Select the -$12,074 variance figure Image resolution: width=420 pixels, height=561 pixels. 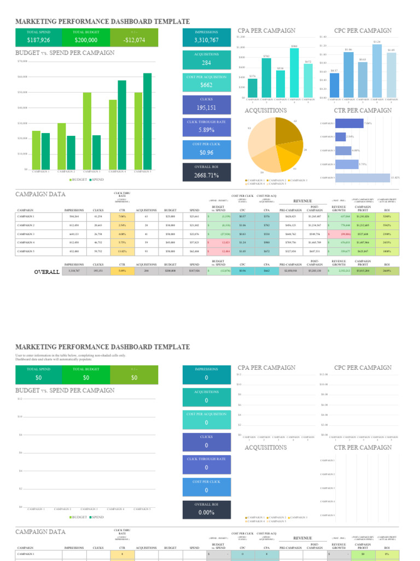click(x=134, y=40)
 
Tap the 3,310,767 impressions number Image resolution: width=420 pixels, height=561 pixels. click(x=206, y=40)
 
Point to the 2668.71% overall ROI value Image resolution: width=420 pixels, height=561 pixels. click(x=206, y=175)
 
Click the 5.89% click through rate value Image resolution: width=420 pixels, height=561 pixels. click(x=206, y=130)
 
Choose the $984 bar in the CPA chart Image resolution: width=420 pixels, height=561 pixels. click(x=294, y=73)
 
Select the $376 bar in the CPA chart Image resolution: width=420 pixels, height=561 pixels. click(x=252, y=88)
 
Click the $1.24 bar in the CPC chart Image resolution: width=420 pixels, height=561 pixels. click(x=377, y=71)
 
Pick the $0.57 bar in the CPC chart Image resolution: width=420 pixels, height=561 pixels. click(x=335, y=85)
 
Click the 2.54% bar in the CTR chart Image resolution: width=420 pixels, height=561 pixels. click(x=340, y=136)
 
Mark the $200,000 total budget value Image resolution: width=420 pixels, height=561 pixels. click(x=86, y=40)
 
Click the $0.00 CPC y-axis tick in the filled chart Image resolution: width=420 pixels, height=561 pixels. click(x=323, y=98)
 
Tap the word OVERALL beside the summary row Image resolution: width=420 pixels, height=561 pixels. click(x=46, y=272)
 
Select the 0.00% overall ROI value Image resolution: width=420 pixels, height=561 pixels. click(x=206, y=513)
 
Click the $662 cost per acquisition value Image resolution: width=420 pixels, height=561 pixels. click(x=206, y=85)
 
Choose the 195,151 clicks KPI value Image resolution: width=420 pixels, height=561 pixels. click(x=206, y=108)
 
